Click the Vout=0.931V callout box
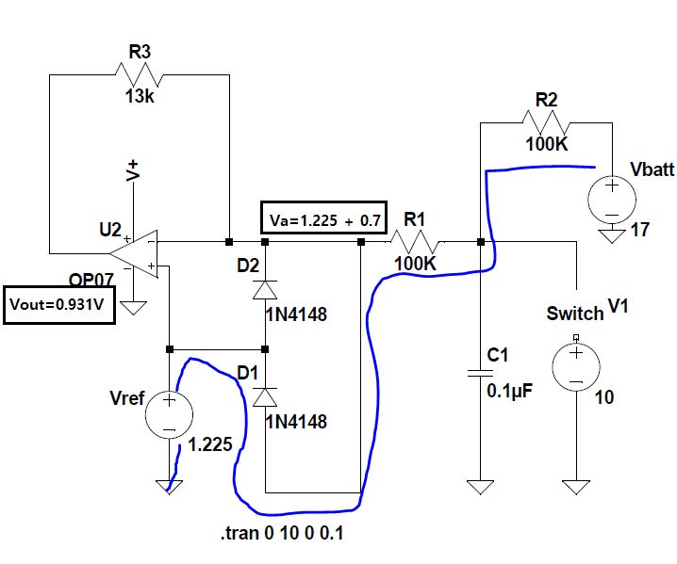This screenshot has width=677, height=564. [x=59, y=304]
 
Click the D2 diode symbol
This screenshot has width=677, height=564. [x=265, y=289]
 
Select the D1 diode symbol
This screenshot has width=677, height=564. [x=265, y=395]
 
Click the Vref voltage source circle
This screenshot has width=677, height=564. [x=170, y=414]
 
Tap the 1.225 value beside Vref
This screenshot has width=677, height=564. [x=209, y=445]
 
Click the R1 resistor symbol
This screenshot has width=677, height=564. [x=416, y=242]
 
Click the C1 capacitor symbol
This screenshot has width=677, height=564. [x=481, y=375]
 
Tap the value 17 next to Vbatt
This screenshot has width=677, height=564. [x=639, y=229]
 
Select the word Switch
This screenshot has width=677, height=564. [x=573, y=314]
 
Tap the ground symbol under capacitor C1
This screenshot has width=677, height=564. [x=481, y=487]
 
